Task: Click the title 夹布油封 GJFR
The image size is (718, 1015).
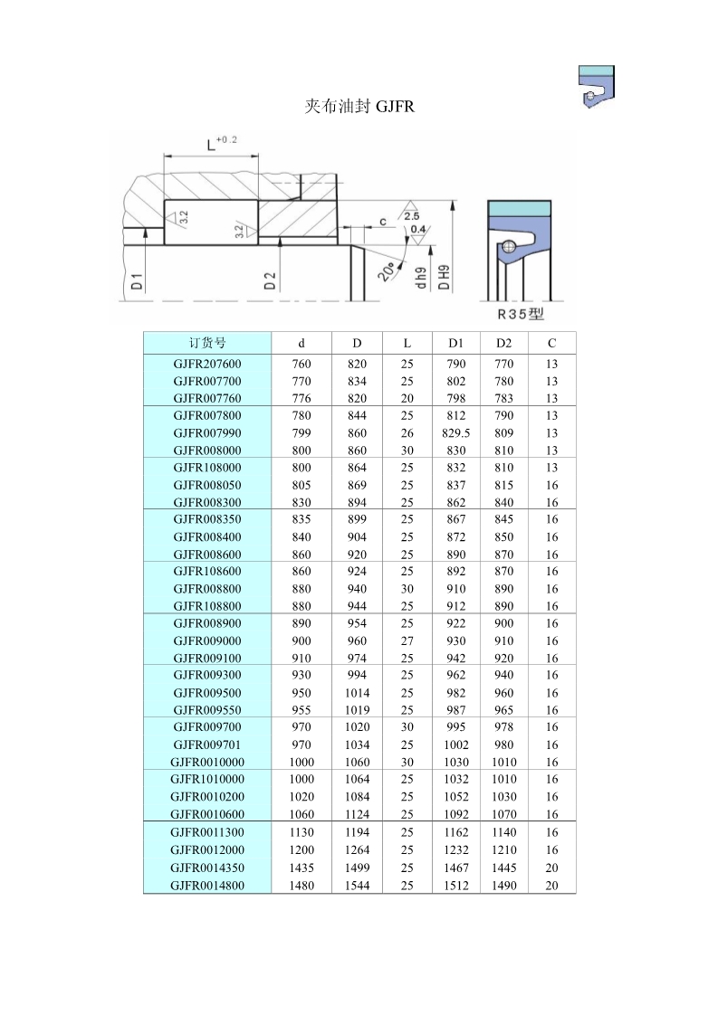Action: coord(359,107)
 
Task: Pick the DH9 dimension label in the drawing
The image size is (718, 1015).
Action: coord(444,277)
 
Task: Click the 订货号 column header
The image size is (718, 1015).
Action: coord(207,343)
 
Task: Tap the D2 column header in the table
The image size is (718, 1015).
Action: coord(503,343)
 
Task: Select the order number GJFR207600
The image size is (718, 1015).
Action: coord(207,364)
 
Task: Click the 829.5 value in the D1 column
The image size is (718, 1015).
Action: coord(455,433)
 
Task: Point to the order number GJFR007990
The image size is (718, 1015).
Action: coord(207,433)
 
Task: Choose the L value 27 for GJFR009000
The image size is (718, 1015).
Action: coord(407,640)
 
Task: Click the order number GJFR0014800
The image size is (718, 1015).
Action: coord(207,886)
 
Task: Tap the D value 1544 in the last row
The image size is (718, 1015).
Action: coord(357,886)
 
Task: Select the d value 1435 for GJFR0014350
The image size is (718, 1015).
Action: coord(302,868)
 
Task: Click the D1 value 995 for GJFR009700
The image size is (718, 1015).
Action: coord(455,726)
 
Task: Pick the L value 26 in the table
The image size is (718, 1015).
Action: coord(407,433)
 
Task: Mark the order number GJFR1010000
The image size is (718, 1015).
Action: coord(207,779)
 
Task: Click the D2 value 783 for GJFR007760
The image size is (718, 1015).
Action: coord(503,398)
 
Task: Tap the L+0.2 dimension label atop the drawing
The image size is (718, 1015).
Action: coord(221,143)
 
